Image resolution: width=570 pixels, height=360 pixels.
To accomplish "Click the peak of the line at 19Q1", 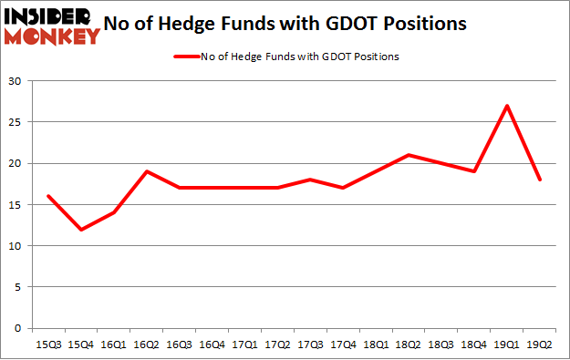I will point(506,106).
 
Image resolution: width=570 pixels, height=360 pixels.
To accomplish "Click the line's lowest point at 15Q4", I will point(81,230).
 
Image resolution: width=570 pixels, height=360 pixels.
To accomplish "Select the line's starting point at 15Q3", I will point(47,196).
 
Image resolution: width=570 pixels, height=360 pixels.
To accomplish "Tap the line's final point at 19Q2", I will point(540,180).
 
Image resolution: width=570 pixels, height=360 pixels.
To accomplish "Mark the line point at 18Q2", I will point(409,155).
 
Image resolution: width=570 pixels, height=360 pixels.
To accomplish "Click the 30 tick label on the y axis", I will point(16,81).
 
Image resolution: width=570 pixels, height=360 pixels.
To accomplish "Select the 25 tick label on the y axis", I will point(16,122).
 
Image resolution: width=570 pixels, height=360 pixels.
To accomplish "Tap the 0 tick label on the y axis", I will point(19,328).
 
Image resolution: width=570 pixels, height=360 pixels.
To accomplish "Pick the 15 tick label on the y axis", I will point(16,205).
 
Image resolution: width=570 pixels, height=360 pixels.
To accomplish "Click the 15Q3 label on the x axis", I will point(47,345).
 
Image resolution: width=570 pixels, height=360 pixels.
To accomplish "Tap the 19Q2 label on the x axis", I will point(540,345).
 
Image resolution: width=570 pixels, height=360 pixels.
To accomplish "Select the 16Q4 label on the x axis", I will point(212,345).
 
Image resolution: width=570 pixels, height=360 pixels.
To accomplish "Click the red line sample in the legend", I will point(187,57).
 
